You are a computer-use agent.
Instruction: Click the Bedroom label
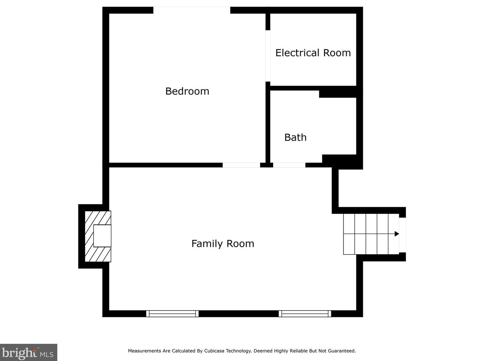[187, 91]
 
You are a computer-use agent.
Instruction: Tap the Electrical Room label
[313, 53]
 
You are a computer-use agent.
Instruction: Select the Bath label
[295, 137]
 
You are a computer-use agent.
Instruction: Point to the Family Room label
[223, 244]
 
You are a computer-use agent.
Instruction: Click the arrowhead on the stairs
[397, 234]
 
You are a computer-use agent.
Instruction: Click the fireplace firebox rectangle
[102, 236]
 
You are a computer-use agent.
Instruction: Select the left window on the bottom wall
[172, 314]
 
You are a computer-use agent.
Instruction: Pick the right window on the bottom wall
[305, 314]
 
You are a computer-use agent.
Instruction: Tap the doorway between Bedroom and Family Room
[241, 165]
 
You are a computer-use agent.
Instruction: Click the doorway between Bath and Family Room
[289, 165]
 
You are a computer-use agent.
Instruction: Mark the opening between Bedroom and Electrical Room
[268, 56]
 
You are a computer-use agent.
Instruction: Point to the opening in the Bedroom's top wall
[192, 10]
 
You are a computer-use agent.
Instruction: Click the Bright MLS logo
[29, 353]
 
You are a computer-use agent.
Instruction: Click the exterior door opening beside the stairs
[403, 235]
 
